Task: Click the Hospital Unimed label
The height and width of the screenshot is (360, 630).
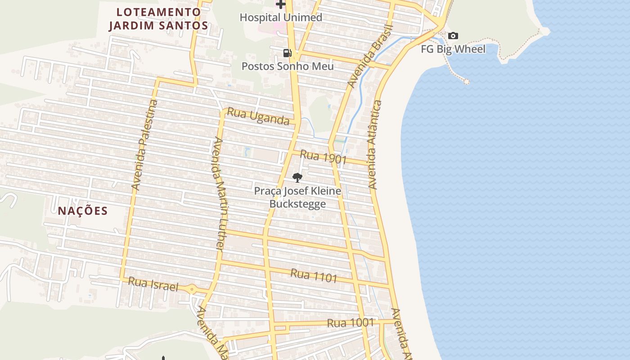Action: (x=281, y=18)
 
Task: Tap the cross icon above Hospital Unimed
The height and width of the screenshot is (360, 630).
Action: (x=281, y=4)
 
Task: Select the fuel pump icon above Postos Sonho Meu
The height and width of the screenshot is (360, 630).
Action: (x=287, y=53)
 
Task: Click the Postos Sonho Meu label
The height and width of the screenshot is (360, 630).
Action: (x=288, y=66)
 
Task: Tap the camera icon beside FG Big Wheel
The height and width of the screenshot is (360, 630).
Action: (x=453, y=36)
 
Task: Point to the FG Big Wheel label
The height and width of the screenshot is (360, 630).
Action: (x=453, y=49)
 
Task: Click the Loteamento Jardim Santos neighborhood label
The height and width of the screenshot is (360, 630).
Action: (x=159, y=19)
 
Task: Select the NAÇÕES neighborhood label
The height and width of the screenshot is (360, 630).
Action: (x=83, y=211)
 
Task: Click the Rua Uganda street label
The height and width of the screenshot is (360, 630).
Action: (x=258, y=117)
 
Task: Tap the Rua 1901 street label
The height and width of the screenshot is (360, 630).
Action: (x=323, y=157)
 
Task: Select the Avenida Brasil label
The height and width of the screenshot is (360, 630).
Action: (x=370, y=56)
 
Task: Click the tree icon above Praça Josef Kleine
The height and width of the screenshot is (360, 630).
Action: (x=297, y=178)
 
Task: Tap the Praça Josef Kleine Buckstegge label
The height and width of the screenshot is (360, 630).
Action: (x=297, y=198)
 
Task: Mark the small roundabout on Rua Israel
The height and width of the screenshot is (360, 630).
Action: (x=192, y=289)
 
